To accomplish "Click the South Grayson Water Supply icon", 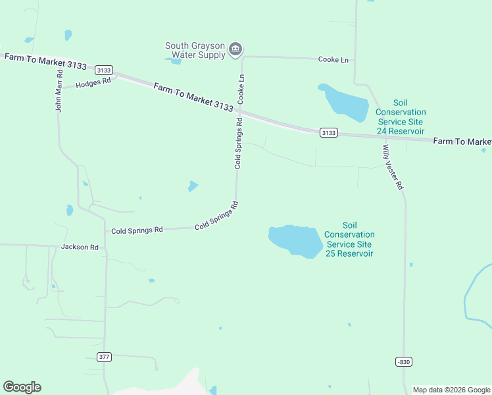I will coord(235,49).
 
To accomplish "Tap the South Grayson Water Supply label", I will coord(195,50).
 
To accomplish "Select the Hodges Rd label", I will coord(93,84).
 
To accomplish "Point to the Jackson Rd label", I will coord(80,247).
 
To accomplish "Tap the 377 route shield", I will coord(104,357).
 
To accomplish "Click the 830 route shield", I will coord(404,361).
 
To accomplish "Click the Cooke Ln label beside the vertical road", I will coord(241,87).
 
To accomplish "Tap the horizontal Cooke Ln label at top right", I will coord(333,59).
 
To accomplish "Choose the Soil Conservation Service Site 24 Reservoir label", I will coord(401,117).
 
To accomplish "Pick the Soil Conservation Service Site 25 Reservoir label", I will coord(349,240).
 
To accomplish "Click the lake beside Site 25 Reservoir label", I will coord(295,240).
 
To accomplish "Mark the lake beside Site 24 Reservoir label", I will coord(344,103).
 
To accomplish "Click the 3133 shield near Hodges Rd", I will coord(104,70).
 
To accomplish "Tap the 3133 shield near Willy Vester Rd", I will coord(329,132).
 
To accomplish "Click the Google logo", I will coord(22,387).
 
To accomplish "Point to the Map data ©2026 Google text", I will coord(451,390).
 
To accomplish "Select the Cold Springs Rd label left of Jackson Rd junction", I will coord(137,230).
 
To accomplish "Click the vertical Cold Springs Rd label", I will coord(239,144).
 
